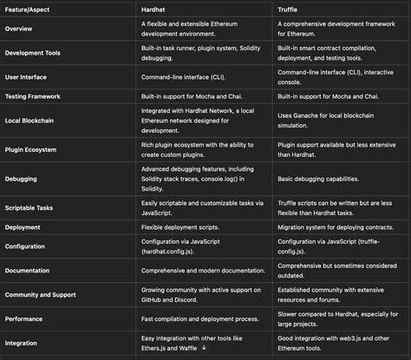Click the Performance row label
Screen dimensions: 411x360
[28, 320]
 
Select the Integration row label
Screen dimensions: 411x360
[25, 344]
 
